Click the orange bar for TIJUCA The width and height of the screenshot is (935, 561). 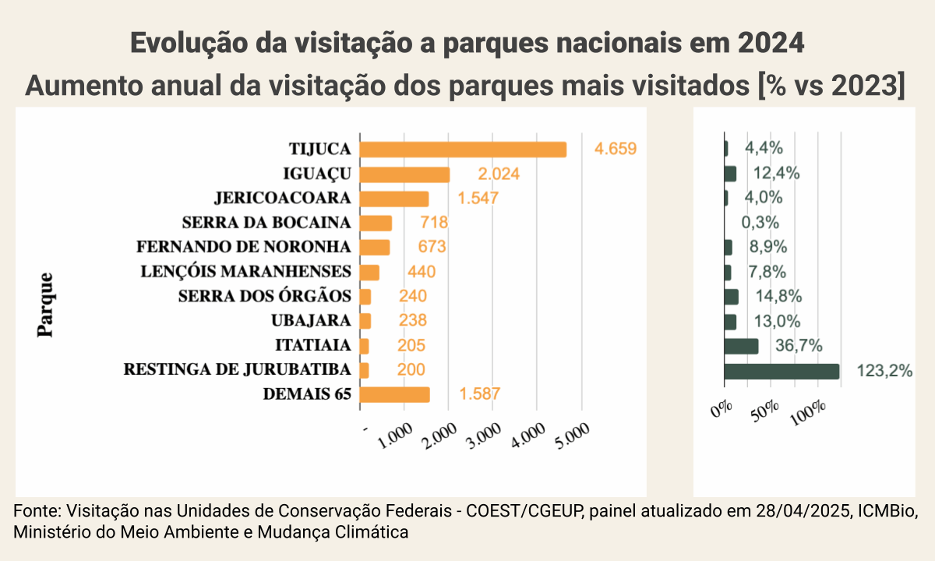[464, 150]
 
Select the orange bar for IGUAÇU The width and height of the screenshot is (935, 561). [405, 174]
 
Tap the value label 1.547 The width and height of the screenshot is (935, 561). [478, 198]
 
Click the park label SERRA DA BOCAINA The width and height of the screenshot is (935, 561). [266, 223]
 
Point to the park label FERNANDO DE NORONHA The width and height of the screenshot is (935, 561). [243, 247]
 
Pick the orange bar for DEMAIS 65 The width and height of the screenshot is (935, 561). [395, 394]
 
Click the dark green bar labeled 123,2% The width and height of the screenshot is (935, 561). [782, 371]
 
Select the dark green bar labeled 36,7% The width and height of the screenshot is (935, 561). [741, 346]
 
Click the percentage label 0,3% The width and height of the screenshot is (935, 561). [760, 223]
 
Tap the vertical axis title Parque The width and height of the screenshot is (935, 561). [46, 304]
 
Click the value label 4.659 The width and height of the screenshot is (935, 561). [616, 149]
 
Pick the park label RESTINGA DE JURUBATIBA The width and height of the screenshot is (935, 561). [237, 369]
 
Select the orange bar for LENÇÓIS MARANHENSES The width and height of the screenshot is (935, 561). [370, 273]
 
